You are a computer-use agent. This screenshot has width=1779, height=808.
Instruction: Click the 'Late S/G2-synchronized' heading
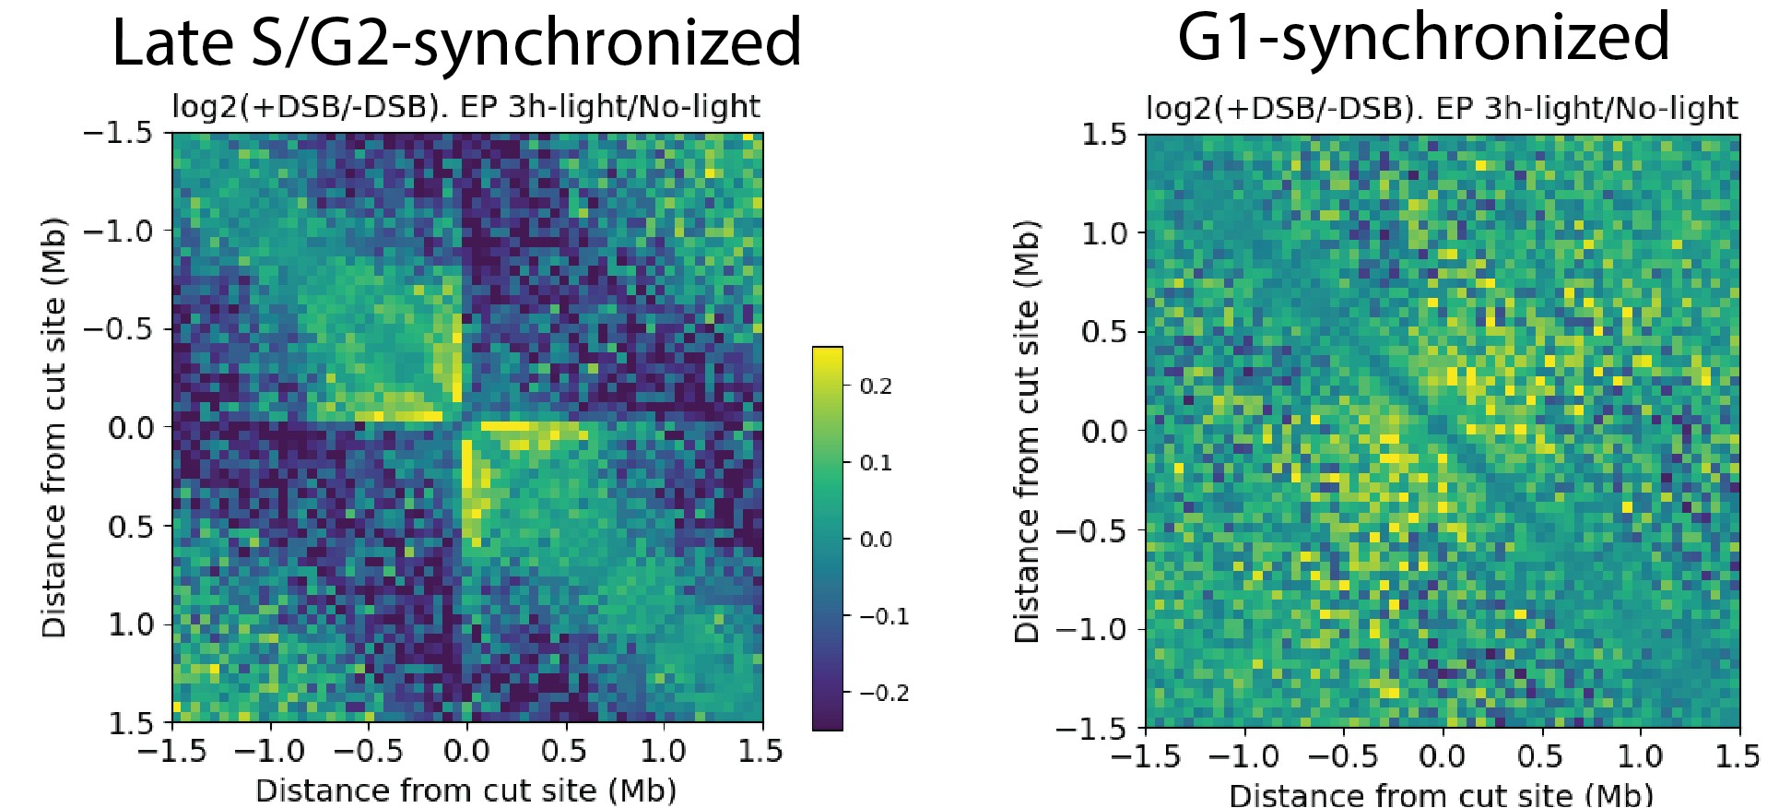(x=456, y=42)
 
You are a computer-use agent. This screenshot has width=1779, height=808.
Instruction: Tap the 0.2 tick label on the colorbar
(x=876, y=386)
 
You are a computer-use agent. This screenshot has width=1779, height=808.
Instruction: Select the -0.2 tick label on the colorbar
(x=884, y=693)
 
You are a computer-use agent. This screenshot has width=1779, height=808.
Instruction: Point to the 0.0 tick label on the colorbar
(x=876, y=540)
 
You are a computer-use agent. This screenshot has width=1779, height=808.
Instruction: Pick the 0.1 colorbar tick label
(x=876, y=462)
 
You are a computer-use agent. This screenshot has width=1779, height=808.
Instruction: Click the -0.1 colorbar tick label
(x=884, y=616)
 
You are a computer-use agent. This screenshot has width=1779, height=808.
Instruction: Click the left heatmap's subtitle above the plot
(x=465, y=107)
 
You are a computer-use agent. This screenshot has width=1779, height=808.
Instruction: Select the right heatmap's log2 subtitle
(x=1441, y=109)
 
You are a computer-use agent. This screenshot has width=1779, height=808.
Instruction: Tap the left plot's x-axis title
(x=465, y=790)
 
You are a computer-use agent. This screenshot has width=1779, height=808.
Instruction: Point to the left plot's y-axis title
(x=53, y=427)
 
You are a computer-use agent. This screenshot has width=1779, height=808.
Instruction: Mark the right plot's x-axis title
(x=1441, y=795)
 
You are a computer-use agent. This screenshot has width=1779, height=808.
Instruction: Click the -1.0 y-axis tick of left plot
(x=118, y=231)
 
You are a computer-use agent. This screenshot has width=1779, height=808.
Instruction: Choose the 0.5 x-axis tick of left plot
(x=563, y=752)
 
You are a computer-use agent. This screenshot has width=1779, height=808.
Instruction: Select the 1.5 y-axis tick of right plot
(x=1103, y=135)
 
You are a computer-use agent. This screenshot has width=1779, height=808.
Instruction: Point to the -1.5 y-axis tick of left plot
(x=118, y=133)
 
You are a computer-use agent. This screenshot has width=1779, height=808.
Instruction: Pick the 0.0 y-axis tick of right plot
(x=1103, y=431)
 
